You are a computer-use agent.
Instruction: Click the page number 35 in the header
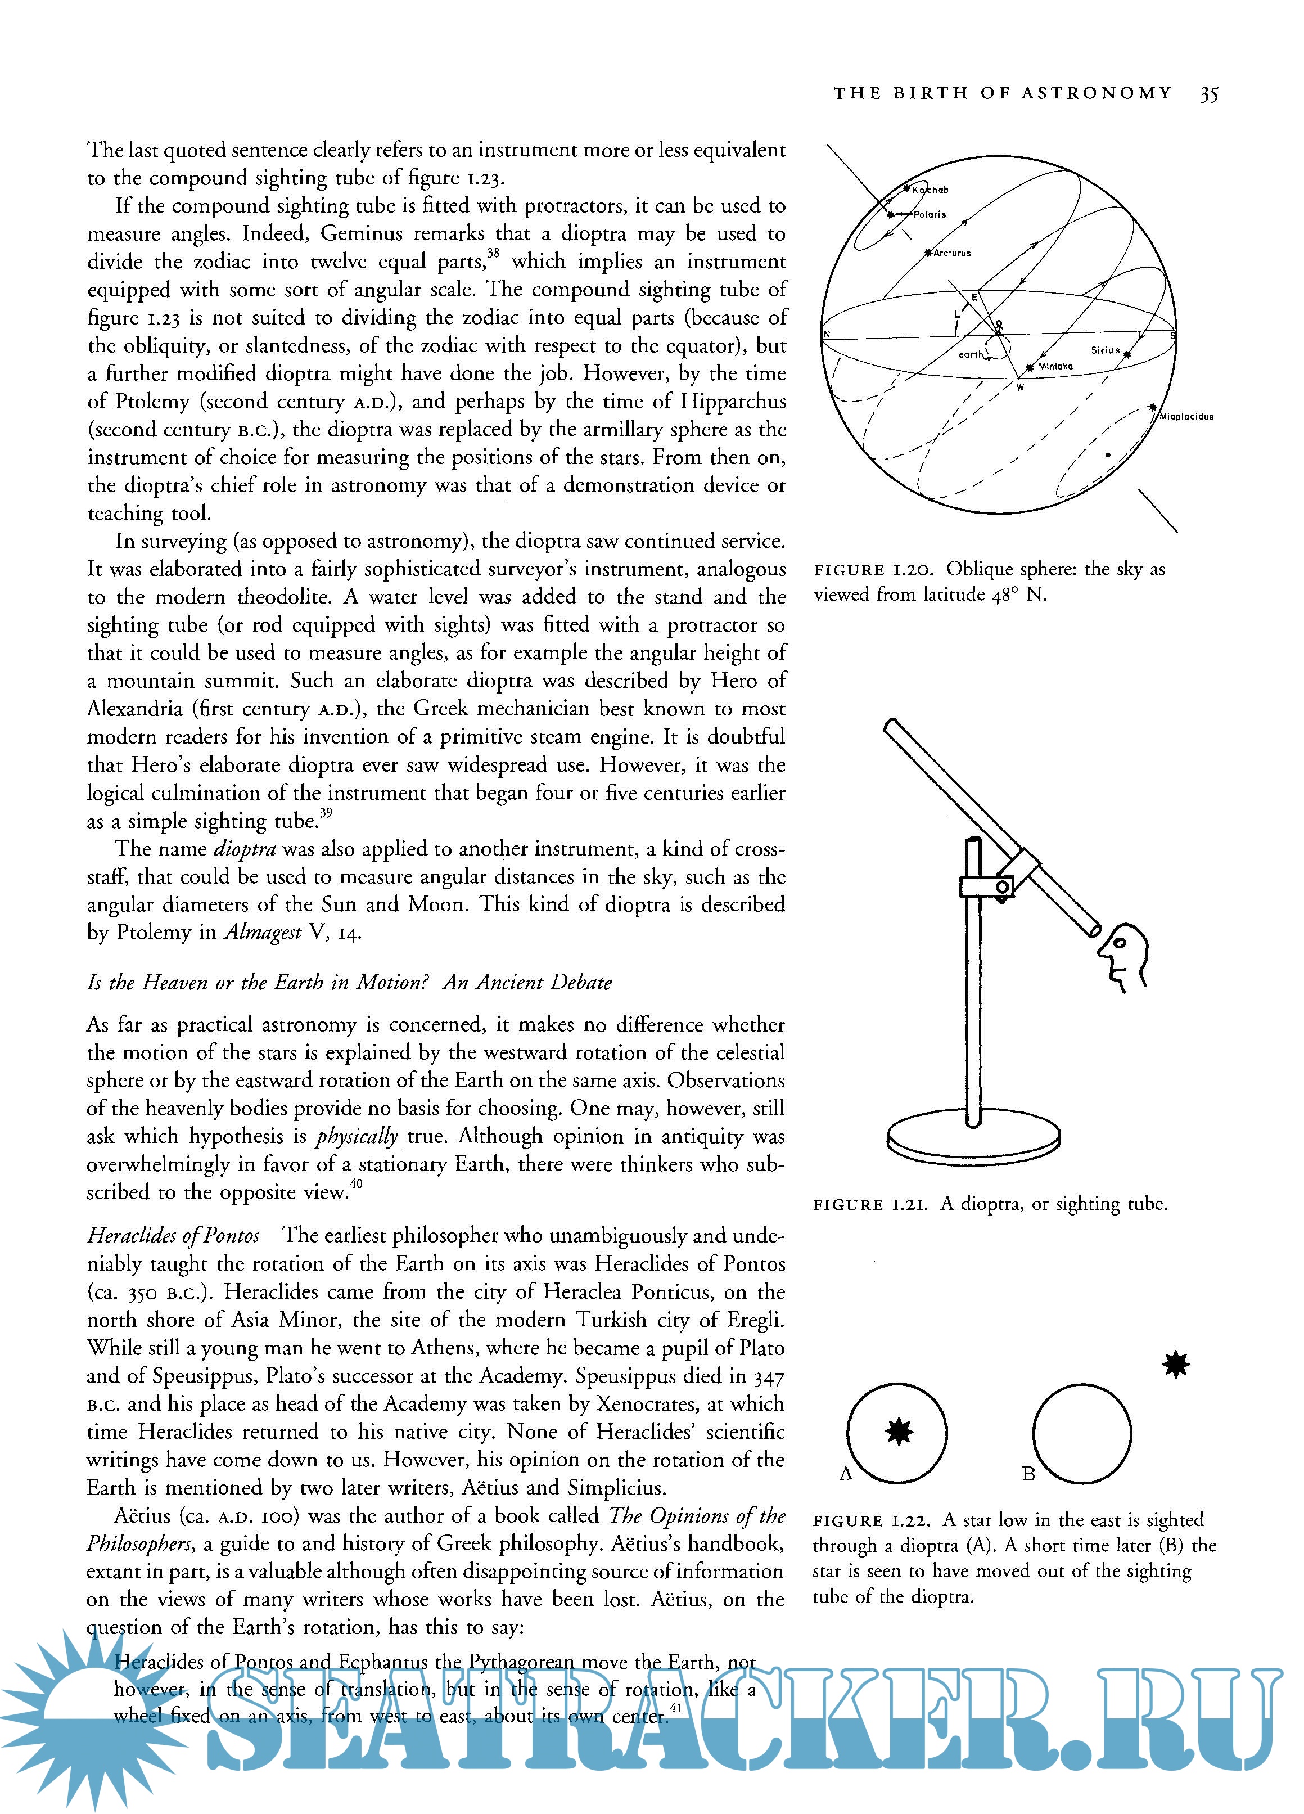pos(1208,94)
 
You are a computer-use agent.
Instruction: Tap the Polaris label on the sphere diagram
pos(930,214)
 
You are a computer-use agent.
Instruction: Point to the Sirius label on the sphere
pos(1105,350)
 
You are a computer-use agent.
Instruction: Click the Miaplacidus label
pos(1186,417)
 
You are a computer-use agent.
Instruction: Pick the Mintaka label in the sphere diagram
pos(1055,366)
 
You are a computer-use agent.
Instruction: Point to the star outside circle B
pos(1175,1365)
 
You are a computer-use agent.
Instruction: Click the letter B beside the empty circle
pos(1029,1473)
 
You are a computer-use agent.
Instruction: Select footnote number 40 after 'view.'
pos(356,1185)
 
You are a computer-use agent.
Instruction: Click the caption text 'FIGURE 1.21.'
pos(870,1204)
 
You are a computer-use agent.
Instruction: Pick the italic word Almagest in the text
pos(262,933)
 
